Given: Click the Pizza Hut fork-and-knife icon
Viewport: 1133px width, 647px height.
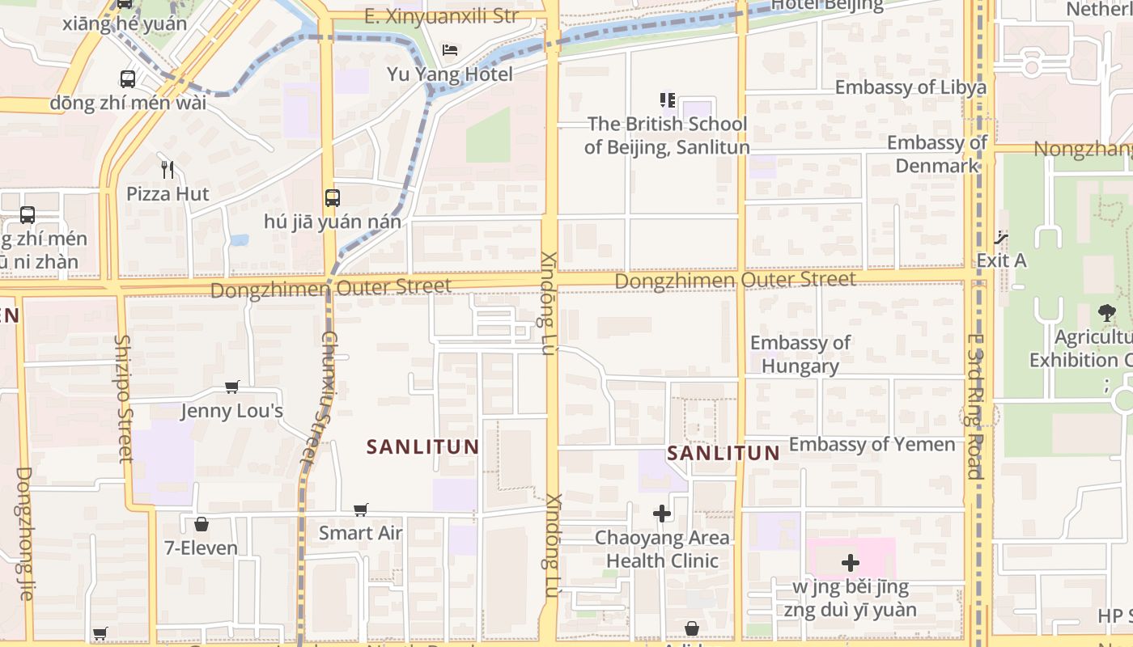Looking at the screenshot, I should point(168,170).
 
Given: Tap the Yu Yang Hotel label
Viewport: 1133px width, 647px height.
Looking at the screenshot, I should point(449,74).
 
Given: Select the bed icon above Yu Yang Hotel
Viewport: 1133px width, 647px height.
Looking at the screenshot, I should point(450,50).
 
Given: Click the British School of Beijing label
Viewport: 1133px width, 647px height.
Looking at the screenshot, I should point(667,136).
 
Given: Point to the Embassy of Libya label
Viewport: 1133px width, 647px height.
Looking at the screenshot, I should point(910,87).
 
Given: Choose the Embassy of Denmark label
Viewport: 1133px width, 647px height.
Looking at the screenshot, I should point(937,154).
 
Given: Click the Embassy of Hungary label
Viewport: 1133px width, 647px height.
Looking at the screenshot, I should point(800,354).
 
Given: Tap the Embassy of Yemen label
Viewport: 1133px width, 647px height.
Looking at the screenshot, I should point(872,444).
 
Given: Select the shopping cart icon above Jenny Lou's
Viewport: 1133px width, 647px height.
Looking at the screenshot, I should point(232,387).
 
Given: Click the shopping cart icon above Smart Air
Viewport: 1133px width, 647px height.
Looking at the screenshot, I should point(361,510).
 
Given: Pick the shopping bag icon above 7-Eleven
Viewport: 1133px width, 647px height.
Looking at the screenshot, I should point(202,524).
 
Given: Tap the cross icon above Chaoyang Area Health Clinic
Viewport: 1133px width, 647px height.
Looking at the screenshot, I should point(662,514).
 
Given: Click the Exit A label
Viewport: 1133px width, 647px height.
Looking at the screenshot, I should point(1001,260).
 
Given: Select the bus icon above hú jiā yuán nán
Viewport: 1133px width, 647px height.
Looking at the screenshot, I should point(332,197).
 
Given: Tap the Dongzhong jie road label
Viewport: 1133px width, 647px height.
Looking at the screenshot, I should point(23,534).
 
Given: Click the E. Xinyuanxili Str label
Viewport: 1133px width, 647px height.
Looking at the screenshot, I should point(441,16).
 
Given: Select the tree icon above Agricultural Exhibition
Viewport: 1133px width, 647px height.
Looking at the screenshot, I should point(1107,313).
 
